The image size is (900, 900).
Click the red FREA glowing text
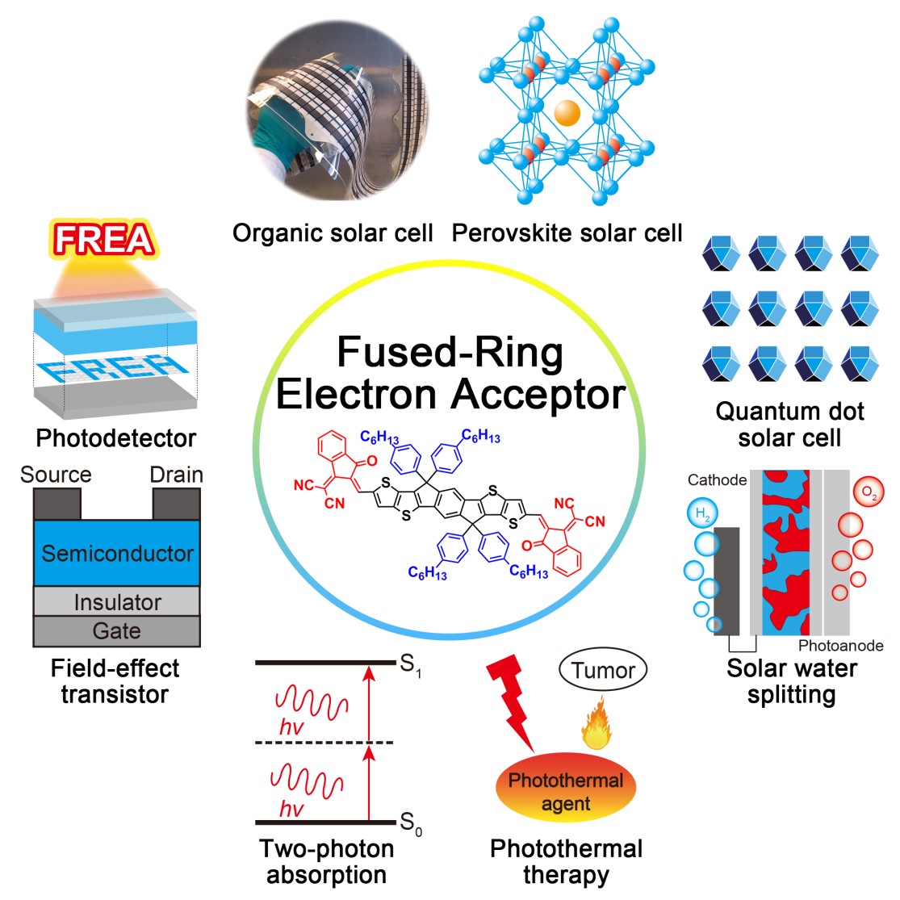tap(104, 240)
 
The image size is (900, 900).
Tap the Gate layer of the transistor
tap(116, 631)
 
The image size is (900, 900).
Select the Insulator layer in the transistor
tap(116, 602)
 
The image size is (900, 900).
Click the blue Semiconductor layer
tap(116, 554)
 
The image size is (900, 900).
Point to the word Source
tap(56, 475)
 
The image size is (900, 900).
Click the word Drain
tap(176, 475)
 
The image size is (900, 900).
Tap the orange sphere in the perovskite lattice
tap(567, 112)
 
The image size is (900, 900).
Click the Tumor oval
tap(603, 670)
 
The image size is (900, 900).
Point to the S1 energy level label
tap(410, 665)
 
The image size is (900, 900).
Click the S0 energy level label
tap(410, 823)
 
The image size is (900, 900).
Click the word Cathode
tap(717, 480)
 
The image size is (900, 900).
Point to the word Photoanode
tap(840, 646)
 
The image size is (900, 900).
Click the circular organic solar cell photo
tap(337, 113)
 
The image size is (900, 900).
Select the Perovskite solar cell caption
tap(567, 233)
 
